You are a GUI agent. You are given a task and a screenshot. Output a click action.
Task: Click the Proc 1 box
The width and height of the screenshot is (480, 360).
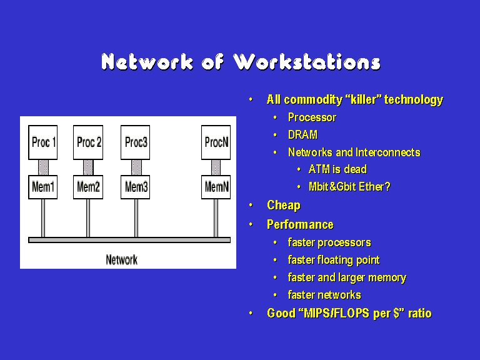(43, 142)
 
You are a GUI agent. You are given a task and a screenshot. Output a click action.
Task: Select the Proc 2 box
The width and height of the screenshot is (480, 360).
(88, 142)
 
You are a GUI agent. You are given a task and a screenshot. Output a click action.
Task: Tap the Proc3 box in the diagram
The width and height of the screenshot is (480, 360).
(135, 142)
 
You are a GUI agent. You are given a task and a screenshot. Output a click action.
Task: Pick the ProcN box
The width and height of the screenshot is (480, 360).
(216, 142)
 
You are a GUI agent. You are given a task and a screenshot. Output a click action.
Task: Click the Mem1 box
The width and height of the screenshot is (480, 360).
(43, 187)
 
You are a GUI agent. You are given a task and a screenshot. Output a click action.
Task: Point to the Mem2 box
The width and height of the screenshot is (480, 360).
(88, 187)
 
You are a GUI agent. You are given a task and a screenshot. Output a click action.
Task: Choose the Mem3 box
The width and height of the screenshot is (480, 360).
(135, 187)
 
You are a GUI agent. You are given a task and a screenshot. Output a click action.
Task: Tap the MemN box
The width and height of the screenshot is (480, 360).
(216, 187)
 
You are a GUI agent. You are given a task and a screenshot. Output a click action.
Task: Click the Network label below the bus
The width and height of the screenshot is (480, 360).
(121, 260)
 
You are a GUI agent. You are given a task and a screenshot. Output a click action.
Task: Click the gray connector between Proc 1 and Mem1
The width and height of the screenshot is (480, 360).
(43, 167)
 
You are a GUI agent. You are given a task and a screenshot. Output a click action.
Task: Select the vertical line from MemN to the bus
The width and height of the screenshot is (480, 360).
(216, 218)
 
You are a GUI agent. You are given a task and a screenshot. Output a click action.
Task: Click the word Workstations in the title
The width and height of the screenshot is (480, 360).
(307, 62)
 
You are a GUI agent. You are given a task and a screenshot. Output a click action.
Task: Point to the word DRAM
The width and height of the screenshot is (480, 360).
(302, 135)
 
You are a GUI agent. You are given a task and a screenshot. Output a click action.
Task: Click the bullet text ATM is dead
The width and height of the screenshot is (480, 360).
(337, 169)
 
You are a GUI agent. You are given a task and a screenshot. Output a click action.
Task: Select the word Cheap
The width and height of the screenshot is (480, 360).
(284, 206)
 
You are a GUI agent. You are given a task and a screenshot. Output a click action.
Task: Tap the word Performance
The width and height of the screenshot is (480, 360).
(300, 225)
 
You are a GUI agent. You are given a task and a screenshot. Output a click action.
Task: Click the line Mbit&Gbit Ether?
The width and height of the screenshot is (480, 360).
(349, 187)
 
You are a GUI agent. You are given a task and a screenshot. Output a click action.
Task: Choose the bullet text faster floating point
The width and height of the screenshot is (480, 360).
(334, 260)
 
